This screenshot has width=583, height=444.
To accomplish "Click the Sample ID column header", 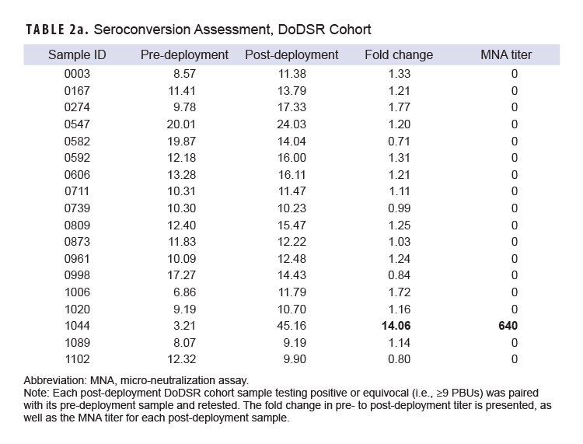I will [x=78, y=55].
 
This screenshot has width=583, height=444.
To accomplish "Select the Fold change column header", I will [x=399, y=55].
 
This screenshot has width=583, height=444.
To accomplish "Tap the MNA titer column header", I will [x=514, y=55].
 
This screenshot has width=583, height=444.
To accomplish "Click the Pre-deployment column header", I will [x=184, y=55].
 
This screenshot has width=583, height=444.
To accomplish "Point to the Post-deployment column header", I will [x=291, y=55].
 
